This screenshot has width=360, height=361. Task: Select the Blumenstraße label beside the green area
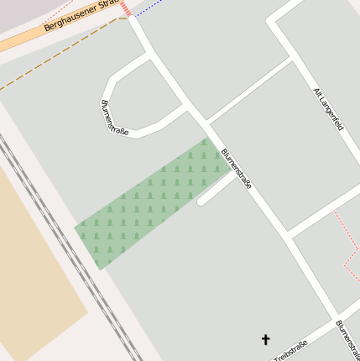236,168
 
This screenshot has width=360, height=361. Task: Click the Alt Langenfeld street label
328,109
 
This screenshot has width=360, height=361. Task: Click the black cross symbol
266,339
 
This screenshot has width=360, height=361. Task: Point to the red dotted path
347,243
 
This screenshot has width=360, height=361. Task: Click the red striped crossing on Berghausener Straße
125,8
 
